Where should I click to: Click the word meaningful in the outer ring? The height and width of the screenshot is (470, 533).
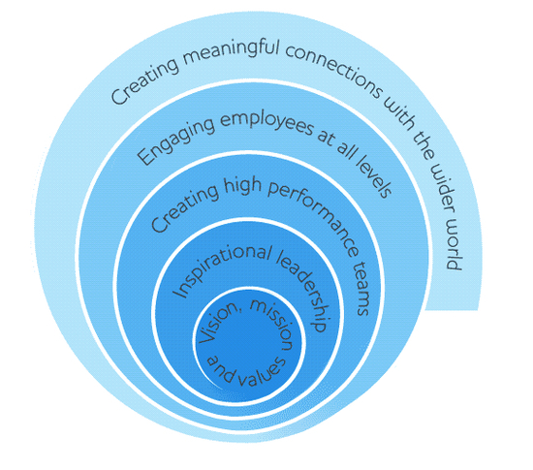pyautogui.click(x=231, y=52)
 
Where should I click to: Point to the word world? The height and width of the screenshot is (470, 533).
pyautogui.click(x=454, y=248)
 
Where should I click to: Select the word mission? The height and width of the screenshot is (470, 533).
pyautogui.click(x=272, y=324)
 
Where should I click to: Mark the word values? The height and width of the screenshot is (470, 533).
pyautogui.click(x=262, y=372)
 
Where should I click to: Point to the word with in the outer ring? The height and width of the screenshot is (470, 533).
pyautogui.click(x=397, y=114)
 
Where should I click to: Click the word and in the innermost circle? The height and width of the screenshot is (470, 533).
pyautogui.click(x=220, y=369)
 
